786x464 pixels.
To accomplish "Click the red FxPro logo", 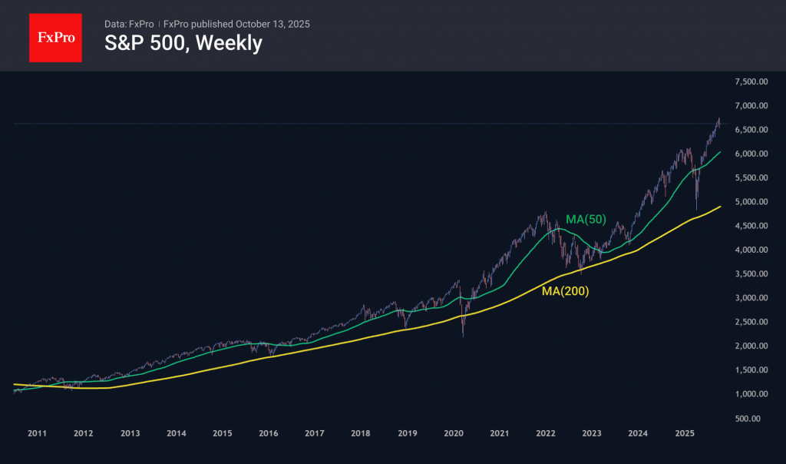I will pyautogui.click(x=55, y=36).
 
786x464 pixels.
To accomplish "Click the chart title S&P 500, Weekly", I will pyautogui.click(x=183, y=44).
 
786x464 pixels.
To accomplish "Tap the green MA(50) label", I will pyautogui.click(x=586, y=220).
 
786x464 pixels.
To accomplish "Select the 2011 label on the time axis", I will pyautogui.click(x=37, y=434).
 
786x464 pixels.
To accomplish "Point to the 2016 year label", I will pyautogui.click(x=268, y=434).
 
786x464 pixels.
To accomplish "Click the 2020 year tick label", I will pyautogui.click(x=453, y=434).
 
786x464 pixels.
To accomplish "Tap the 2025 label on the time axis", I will pyautogui.click(x=684, y=434).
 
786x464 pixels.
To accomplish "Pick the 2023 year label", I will pyautogui.click(x=591, y=434).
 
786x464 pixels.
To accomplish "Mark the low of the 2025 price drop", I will pyautogui.click(x=696, y=209).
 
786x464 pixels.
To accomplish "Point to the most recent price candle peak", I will pyautogui.click(x=719, y=118).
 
